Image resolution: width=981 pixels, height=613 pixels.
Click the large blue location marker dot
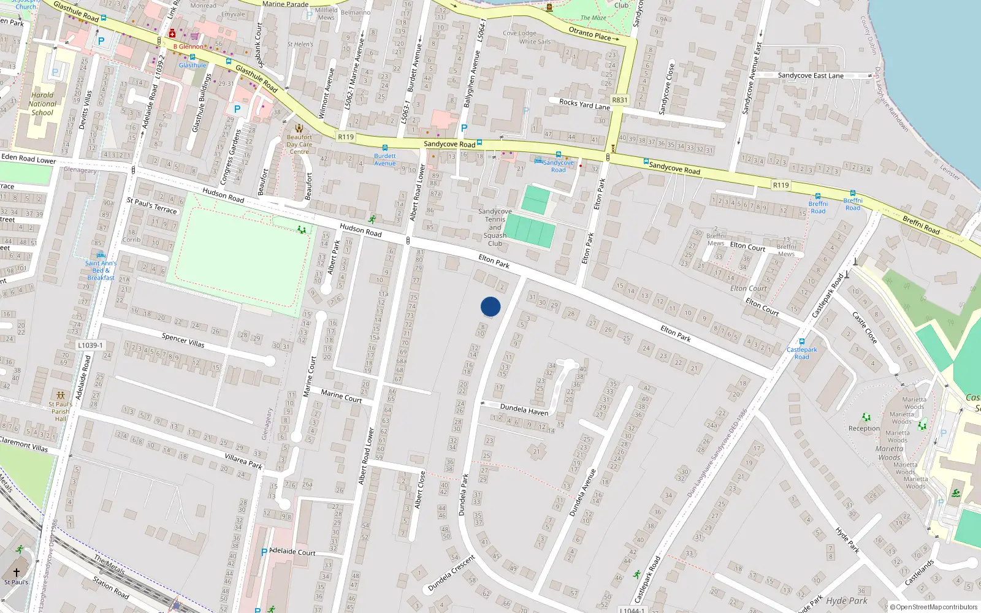point(490,306)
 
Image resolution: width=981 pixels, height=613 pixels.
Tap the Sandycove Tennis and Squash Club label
point(495,227)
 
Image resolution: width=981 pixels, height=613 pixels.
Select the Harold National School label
point(42,104)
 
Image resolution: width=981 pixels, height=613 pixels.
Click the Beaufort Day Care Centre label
point(299,145)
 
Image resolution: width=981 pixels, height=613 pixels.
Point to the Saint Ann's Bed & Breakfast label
point(101,270)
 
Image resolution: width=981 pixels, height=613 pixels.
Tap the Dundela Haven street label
point(524,409)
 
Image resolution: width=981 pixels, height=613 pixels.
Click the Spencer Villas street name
point(183,340)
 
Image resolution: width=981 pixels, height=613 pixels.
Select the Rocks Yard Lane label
point(584,104)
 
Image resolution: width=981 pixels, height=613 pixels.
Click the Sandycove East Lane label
point(811,75)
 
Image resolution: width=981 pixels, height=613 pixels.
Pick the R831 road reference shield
point(620,100)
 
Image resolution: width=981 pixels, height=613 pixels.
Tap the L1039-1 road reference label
point(90,346)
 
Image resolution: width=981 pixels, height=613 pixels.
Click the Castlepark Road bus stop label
point(802,353)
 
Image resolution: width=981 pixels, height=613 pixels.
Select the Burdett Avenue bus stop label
point(385,159)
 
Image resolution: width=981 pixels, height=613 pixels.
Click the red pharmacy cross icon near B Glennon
point(172,34)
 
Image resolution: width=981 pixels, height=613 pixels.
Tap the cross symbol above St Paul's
point(17,572)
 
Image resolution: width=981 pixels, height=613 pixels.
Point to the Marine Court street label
point(341,397)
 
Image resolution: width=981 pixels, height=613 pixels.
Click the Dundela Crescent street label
point(451,573)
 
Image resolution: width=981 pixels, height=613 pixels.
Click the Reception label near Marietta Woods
point(864,428)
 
